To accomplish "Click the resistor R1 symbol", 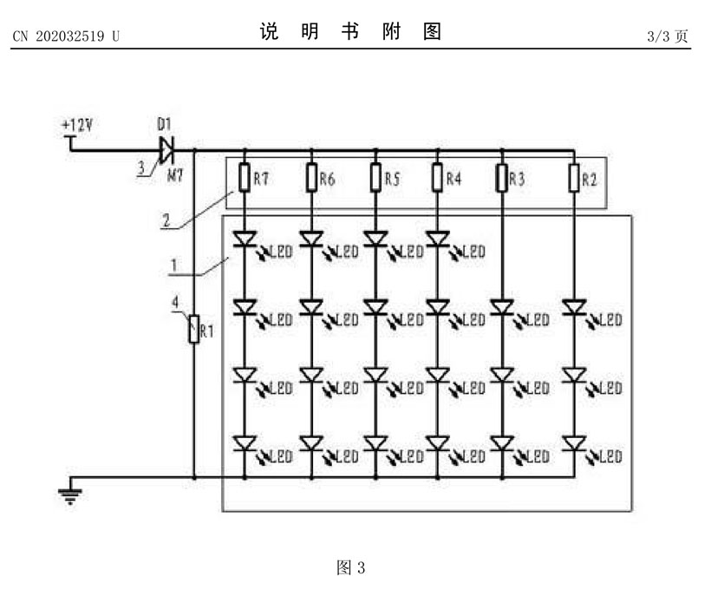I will coord(193,330).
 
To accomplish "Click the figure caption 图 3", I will coord(350,568).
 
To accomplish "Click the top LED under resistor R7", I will coord(245,238).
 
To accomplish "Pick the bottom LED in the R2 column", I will coord(573,444).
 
